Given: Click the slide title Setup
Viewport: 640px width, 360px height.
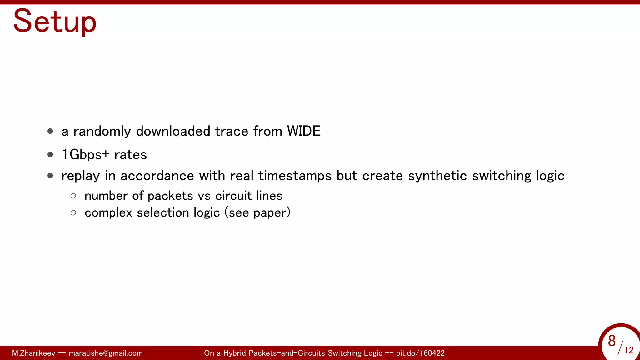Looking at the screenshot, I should pos(55,21).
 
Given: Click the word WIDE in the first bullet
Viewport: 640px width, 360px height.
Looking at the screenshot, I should pos(304,131).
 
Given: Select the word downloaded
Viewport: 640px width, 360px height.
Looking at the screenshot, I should pos(173,131).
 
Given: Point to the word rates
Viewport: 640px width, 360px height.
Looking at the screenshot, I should pos(131,155).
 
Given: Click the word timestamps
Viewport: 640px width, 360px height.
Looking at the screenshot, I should pos(295,176).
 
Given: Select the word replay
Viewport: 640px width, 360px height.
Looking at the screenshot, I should pos(80,176).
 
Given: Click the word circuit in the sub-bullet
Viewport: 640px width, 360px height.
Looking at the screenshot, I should pos(233,196).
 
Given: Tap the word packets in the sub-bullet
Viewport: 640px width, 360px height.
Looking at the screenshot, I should pos(170,196).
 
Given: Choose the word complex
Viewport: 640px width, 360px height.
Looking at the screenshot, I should pos(108,213).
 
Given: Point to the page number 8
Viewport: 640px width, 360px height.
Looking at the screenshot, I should pos(612,341).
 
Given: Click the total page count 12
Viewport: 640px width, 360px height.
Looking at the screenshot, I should pos(629,350).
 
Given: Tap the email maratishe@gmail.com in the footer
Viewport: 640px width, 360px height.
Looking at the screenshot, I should pos(106,353).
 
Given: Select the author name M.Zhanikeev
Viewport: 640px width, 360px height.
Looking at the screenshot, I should pos(33,353).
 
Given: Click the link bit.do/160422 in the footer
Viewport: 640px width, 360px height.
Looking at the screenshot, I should pos(420,353).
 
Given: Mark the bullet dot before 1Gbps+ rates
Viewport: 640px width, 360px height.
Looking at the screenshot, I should pos(50,154).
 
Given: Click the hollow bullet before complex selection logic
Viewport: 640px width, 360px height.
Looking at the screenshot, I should pos(73,213).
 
